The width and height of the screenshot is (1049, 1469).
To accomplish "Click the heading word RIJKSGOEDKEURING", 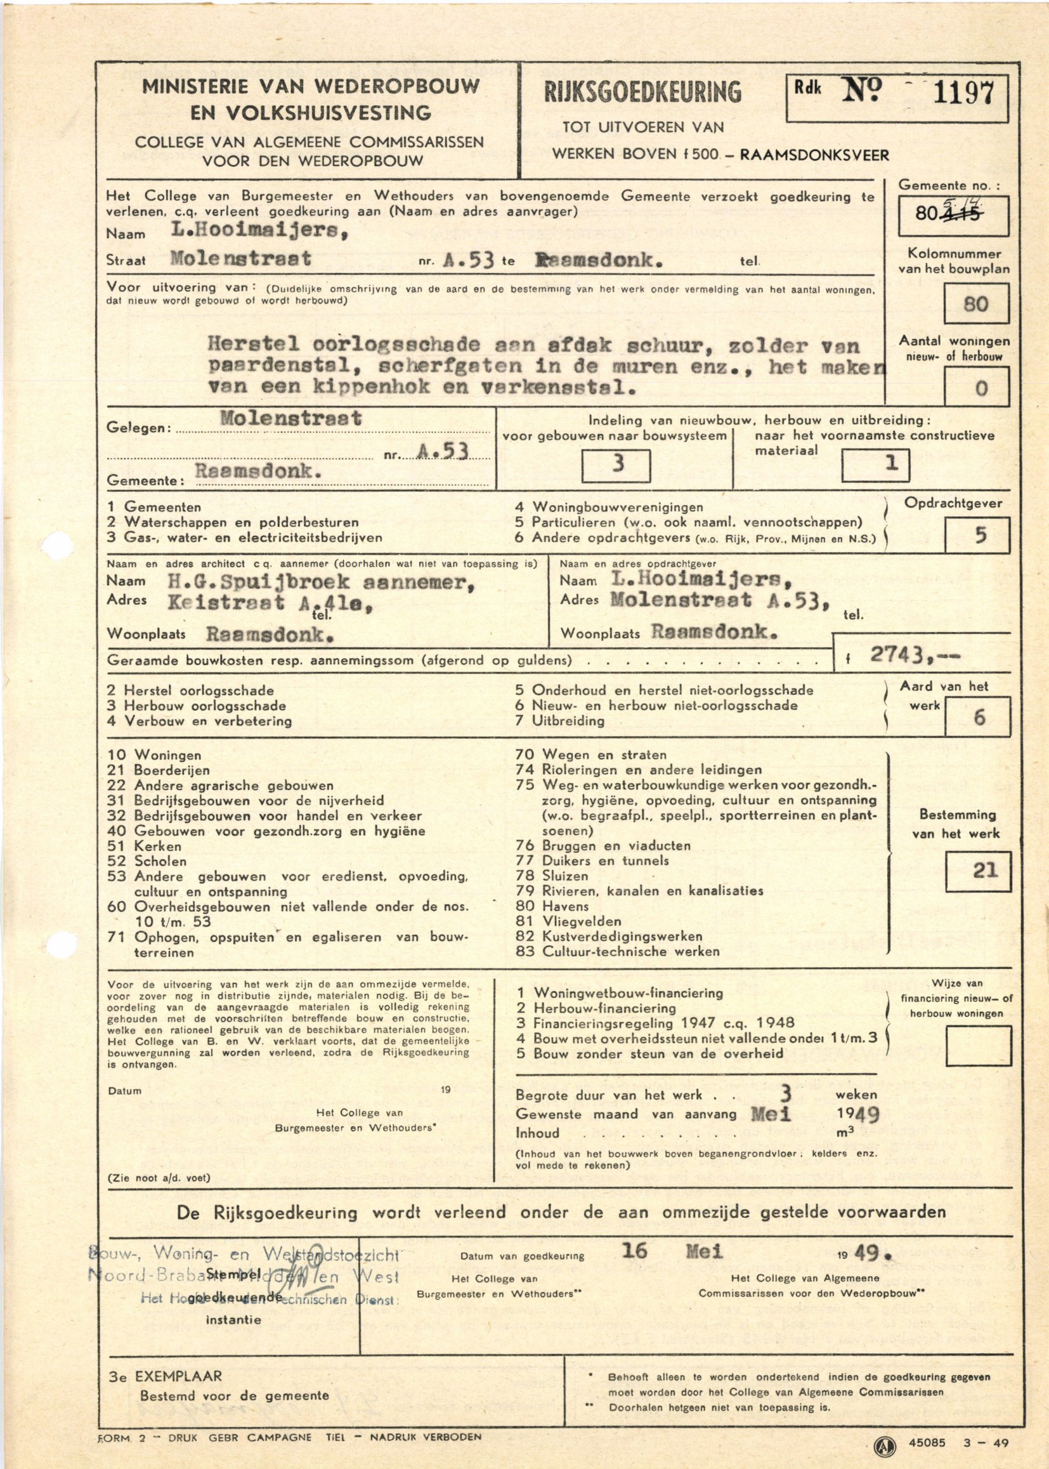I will point(642,93).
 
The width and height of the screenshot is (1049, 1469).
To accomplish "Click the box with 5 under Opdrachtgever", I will point(977,535).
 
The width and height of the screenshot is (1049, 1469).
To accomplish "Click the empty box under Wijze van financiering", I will point(978,1046).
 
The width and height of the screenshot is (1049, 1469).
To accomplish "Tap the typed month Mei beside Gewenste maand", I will point(770,1114).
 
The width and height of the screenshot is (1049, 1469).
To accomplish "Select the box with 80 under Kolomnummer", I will point(975,304).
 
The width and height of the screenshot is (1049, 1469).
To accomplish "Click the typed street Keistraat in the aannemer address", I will point(226,603).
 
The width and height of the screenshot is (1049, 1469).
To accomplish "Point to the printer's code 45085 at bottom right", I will point(926,1442).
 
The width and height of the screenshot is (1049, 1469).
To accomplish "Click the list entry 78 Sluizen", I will point(552,876).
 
